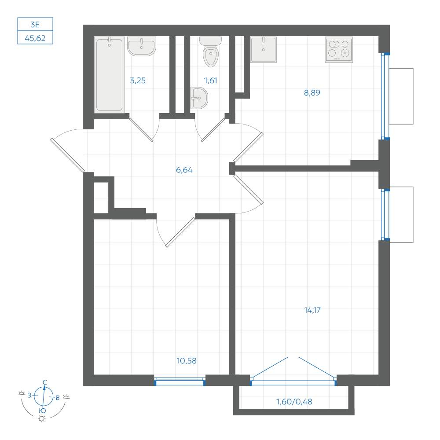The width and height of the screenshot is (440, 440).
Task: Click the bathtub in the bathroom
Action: [x=109, y=75]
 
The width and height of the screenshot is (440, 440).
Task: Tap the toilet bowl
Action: [x=210, y=52]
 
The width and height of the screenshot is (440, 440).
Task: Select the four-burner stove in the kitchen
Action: [x=339, y=49]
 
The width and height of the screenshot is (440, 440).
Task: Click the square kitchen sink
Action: [x=263, y=49]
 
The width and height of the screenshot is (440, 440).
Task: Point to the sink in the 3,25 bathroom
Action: [x=141, y=46]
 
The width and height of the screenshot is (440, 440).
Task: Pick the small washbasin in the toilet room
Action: [x=199, y=98]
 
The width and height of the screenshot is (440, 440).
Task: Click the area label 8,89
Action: [x=312, y=92]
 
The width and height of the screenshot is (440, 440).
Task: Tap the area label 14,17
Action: [x=312, y=310]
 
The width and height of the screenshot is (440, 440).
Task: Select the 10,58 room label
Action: [x=186, y=361]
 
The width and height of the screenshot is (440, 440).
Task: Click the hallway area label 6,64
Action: [x=184, y=170]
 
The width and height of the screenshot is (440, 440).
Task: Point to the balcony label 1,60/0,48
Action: [x=294, y=402]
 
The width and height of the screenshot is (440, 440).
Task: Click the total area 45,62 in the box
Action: [x=35, y=38]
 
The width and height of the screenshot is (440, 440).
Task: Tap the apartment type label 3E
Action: [x=35, y=24]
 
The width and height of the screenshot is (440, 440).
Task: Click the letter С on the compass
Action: [x=44, y=382]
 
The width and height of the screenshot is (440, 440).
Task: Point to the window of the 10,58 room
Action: [x=180, y=381]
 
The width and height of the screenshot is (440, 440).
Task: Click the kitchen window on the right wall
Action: [x=385, y=96]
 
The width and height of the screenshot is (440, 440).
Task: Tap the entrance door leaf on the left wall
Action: [x=67, y=155]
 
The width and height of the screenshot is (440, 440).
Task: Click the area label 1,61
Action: [x=210, y=81]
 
